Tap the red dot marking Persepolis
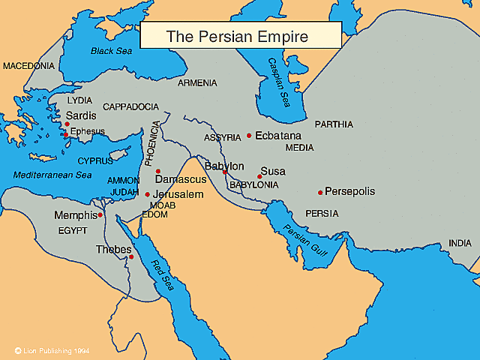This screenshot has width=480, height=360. click(x=320, y=192)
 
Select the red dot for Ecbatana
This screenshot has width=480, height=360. click(x=249, y=136)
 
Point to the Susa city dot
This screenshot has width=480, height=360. click(x=259, y=177)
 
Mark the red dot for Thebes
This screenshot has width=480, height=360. click(x=131, y=257)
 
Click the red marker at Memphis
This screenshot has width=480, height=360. click(x=100, y=214)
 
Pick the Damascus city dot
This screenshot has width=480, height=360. click(x=157, y=171)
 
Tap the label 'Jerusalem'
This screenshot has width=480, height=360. click(x=178, y=194)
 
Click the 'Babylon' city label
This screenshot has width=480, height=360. click(x=224, y=166)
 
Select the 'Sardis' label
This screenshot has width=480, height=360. click(x=81, y=116)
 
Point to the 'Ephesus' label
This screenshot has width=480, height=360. click(x=87, y=131)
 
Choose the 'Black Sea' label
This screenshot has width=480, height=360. click(x=111, y=51)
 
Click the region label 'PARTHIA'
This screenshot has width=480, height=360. click(x=334, y=124)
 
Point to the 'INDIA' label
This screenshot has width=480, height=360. click(x=460, y=243)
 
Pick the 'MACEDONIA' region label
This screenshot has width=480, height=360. click(x=28, y=66)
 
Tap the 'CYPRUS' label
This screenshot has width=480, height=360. click(x=95, y=160)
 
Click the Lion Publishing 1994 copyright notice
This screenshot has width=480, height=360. click(x=52, y=350)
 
